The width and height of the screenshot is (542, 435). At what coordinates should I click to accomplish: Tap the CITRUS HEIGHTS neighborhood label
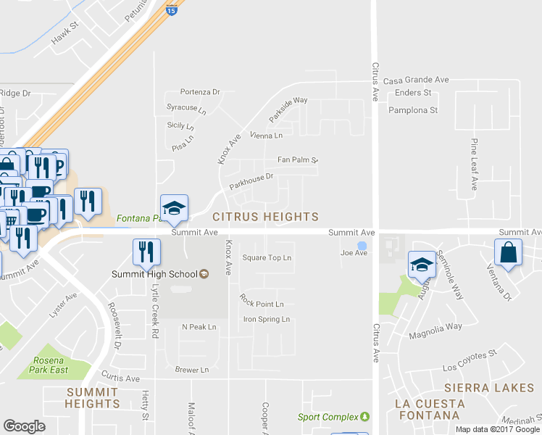[265, 217]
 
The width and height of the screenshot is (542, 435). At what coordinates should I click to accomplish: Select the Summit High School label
[154, 274]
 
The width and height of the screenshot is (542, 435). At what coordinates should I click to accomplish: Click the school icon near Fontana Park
[174, 208]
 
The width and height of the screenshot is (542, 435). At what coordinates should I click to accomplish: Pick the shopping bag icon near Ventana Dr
[509, 254]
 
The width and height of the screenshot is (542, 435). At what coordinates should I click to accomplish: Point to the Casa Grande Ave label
[416, 80]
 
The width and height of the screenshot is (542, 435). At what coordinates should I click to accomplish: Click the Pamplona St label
[413, 110]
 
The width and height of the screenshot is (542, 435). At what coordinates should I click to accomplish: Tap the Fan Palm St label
[298, 159]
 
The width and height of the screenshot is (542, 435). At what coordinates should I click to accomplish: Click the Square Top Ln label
[267, 257]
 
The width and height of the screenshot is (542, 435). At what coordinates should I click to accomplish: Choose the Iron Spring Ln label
[266, 319]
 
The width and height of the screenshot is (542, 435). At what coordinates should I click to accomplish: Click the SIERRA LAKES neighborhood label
[489, 388]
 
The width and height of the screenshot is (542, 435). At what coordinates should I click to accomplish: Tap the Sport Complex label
[328, 417]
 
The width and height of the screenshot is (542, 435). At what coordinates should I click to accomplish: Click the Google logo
[25, 426]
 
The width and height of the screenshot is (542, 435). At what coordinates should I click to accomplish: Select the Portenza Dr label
[200, 92]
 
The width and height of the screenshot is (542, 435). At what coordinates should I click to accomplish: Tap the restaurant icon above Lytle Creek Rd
[146, 252]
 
